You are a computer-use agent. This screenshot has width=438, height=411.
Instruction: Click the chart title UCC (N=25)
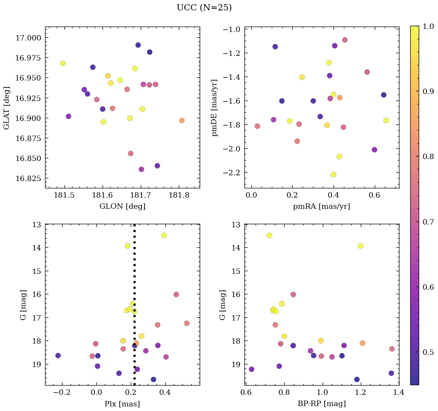204,8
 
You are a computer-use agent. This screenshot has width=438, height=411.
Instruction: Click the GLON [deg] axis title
122,206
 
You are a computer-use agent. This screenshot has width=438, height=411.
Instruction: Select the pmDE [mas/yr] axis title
215,107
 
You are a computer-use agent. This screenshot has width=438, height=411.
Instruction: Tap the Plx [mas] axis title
122,404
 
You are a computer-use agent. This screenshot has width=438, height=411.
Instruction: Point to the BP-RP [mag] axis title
322,404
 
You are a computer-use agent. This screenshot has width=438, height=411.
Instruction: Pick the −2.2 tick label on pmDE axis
231,173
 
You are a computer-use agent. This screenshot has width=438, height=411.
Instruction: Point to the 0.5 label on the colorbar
426,353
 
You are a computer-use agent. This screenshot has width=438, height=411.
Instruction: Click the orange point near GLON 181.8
182,121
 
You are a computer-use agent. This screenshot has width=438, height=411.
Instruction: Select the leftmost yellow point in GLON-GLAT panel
63,64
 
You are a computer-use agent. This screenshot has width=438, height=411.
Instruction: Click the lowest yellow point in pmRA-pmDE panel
334,174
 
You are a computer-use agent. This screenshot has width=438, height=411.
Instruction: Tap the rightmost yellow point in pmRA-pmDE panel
386,121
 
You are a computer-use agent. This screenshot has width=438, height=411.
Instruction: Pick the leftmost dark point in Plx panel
58,356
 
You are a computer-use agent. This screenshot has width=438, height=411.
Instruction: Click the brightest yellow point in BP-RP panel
269,235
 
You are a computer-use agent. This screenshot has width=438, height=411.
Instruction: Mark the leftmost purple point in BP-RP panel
251,369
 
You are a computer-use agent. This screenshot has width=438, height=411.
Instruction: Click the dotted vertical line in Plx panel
134,270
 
